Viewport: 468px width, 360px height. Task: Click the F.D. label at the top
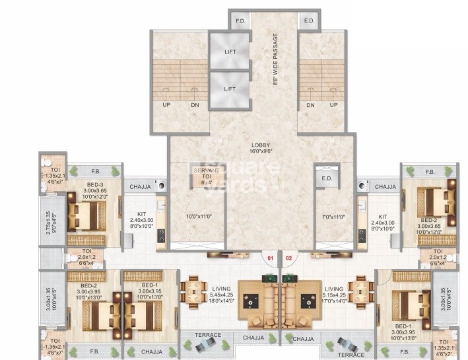240,22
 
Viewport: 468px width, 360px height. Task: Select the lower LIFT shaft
229,89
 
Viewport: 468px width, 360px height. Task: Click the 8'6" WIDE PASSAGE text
275,59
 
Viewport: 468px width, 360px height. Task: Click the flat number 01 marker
269,257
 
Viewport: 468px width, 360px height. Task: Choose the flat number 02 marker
288,257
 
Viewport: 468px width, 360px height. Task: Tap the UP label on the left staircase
166,104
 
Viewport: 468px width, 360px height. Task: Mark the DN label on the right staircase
310,104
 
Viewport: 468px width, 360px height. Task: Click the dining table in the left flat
193,288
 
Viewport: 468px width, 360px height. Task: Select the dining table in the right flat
360,288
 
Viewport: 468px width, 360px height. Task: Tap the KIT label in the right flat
383,216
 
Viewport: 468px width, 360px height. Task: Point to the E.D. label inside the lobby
326,178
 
